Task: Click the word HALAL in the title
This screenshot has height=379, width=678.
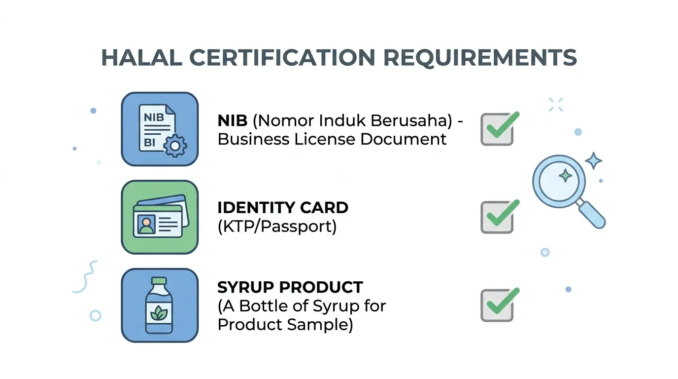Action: pyautogui.click(x=141, y=57)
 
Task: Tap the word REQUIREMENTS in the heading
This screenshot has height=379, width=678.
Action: pyautogui.click(x=480, y=58)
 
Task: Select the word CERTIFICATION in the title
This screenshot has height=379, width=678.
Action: pyautogui.click(x=282, y=57)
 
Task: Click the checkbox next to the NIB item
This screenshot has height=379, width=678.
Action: pyautogui.click(x=497, y=129)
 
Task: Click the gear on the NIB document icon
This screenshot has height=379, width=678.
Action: pyautogui.click(x=175, y=146)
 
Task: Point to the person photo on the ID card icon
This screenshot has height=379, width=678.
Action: pyautogui.click(x=146, y=225)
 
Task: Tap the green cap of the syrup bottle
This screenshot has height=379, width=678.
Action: pyautogui.click(x=159, y=280)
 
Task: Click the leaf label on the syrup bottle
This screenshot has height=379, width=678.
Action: pyautogui.click(x=159, y=313)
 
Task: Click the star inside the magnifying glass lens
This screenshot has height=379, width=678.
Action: pyautogui.click(x=565, y=176)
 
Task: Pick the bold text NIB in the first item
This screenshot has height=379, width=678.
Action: pyautogui.click(x=233, y=121)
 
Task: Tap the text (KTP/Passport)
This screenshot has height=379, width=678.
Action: pyautogui.click(x=277, y=227)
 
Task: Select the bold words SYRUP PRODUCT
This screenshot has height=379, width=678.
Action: pyautogui.click(x=290, y=287)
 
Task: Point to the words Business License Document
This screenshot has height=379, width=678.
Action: pyautogui.click(x=332, y=140)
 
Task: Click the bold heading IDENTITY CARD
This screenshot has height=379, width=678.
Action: pyautogui.click(x=283, y=208)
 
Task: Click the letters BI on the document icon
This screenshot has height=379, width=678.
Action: pyautogui.click(x=149, y=143)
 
